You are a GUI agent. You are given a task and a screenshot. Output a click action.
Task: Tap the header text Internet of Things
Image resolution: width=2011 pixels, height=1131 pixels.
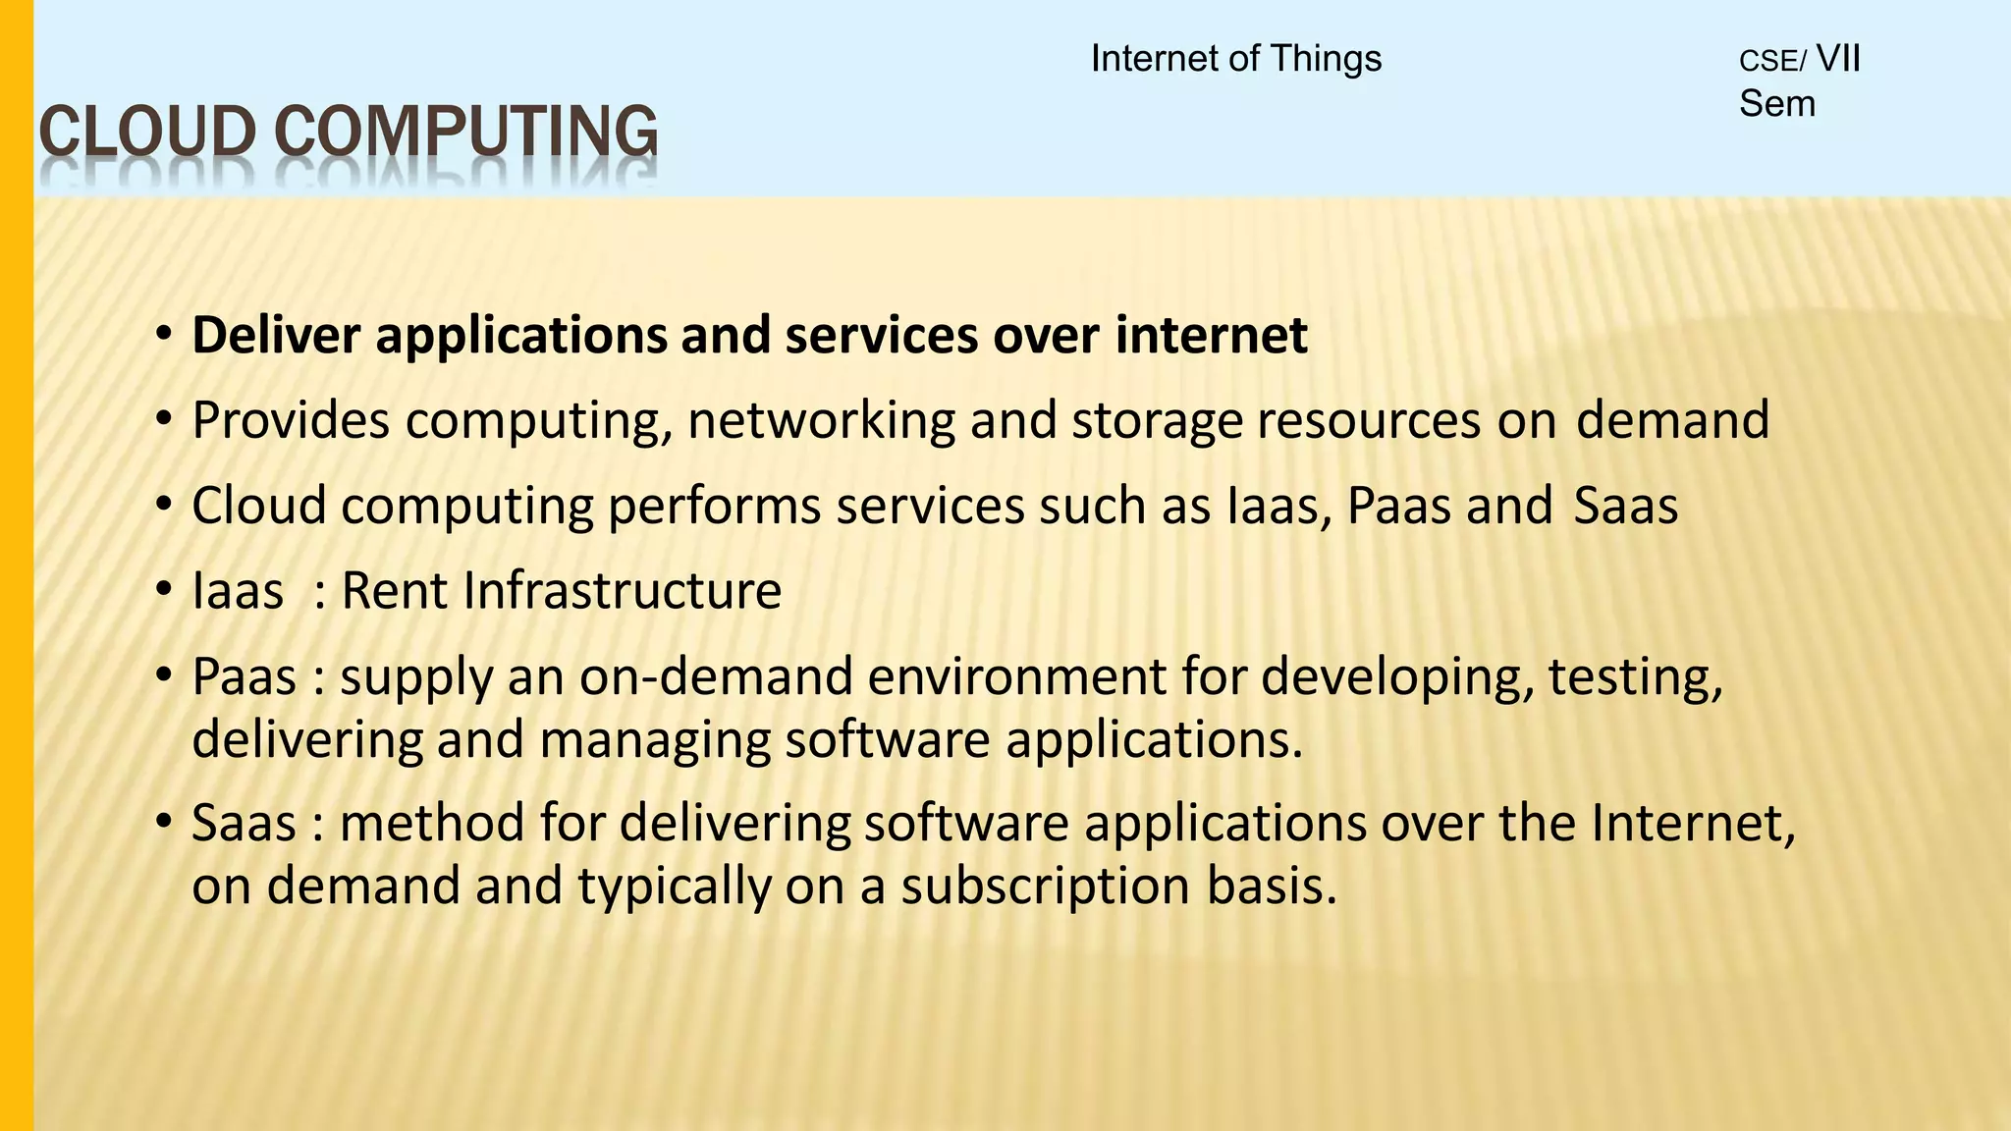pyautogui.click(x=1235, y=59)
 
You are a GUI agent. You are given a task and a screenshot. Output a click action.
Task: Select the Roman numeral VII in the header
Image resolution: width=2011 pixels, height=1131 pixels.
pyautogui.click(x=1838, y=59)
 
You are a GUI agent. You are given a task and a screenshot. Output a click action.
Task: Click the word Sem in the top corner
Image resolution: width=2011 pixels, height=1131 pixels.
pyautogui.click(x=1776, y=104)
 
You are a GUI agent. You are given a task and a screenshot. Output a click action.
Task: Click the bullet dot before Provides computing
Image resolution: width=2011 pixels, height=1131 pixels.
pyautogui.click(x=164, y=419)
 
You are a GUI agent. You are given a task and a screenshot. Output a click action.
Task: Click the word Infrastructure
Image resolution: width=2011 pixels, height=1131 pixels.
pyautogui.click(x=622, y=591)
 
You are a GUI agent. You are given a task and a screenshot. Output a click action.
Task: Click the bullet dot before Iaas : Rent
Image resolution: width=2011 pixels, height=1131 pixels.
pyautogui.click(x=164, y=590)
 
